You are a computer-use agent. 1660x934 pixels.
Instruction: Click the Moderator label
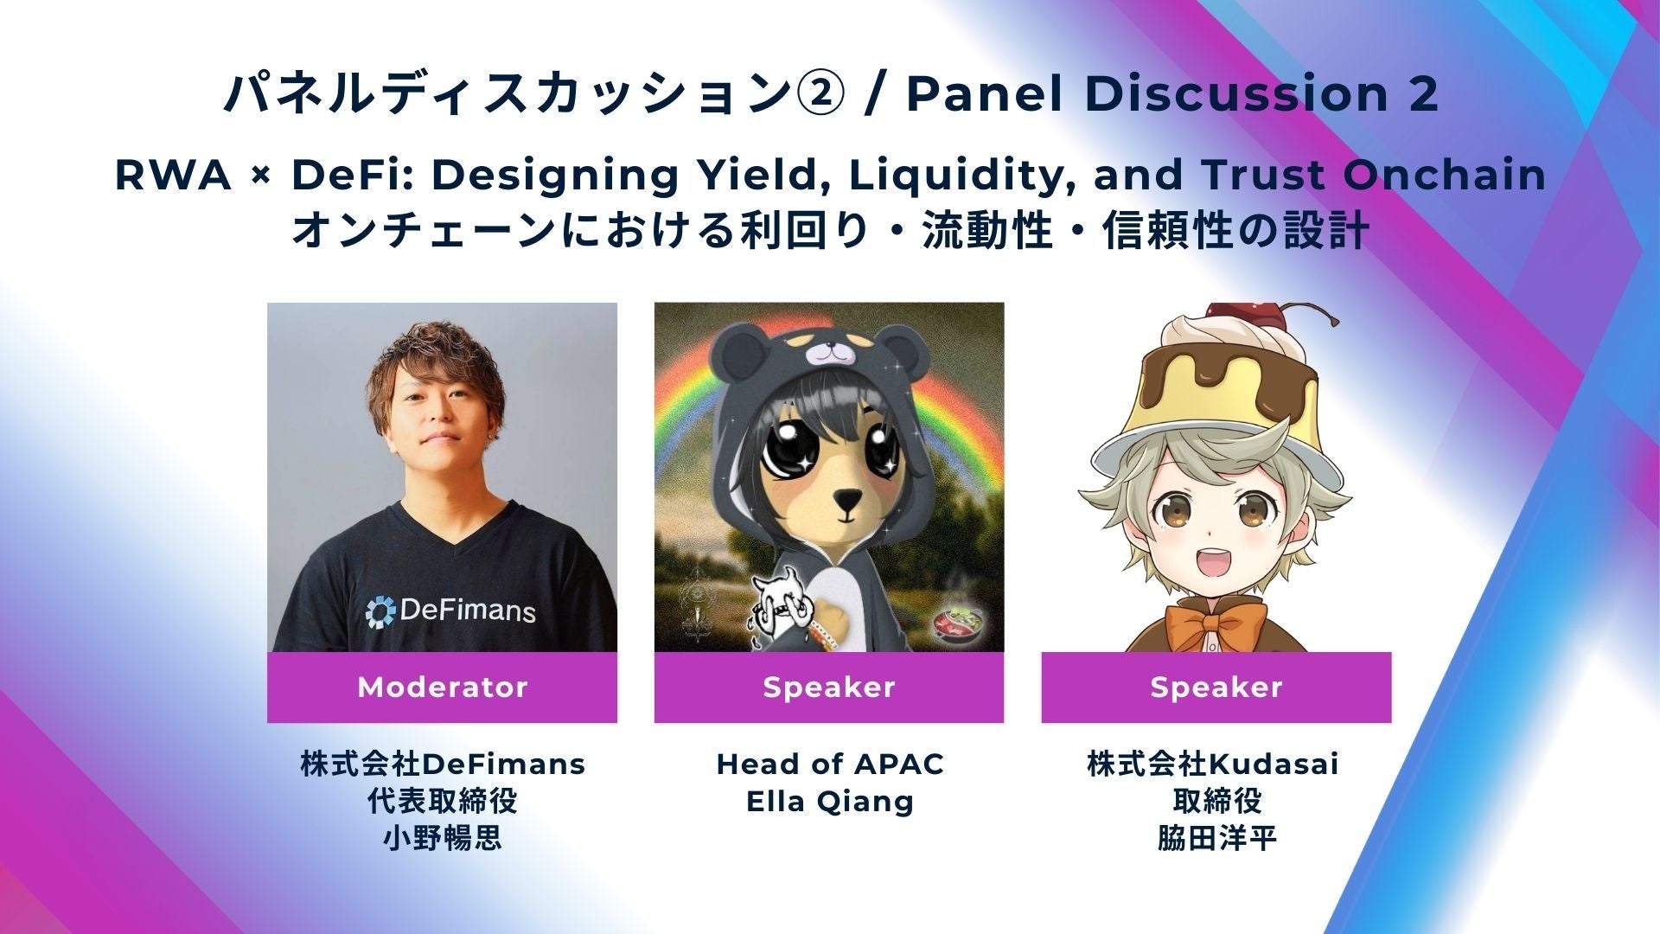[442, 688]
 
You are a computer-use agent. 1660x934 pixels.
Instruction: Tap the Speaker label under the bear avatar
[829, 688]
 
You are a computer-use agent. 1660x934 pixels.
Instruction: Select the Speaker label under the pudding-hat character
[1216, 688]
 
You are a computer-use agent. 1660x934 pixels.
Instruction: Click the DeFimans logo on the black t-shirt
[450, 611]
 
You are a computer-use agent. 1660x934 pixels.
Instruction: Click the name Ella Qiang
[829, 803]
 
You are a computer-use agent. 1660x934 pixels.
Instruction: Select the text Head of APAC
[830, 764]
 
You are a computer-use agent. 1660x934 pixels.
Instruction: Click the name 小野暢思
[443, 839]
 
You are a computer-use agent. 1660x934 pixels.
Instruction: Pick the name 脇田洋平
[1216, 839]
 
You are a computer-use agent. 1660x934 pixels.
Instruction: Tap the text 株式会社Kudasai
[1213, 764]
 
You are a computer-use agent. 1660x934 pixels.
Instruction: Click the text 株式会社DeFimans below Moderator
[443, 764]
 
